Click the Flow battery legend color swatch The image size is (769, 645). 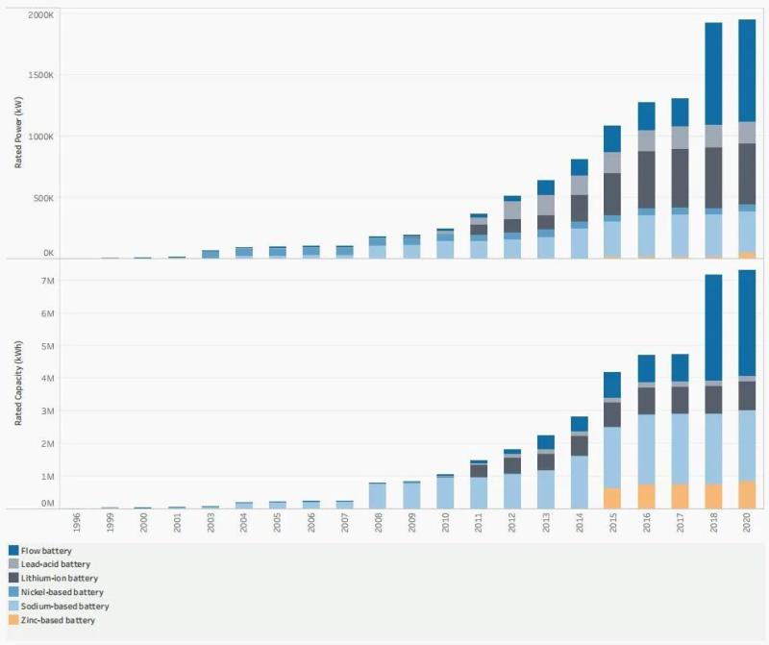[x=13, y=551]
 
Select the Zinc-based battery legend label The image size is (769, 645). [x=57, y=620]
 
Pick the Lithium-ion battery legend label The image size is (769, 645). [x=60, y=579]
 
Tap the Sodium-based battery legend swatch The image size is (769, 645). [x=13, y=607]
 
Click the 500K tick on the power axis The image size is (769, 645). [x=43, y=198]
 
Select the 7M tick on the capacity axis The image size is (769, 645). [x=45, y=281]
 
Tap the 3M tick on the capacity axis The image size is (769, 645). [x=45, y=411]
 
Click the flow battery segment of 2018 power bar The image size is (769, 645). [x=713, y=73]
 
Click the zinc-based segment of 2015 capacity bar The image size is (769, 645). [x=612, y=498]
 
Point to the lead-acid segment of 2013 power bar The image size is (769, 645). [x=545, y=205]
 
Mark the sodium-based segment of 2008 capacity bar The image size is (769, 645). [x=378, y=495]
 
